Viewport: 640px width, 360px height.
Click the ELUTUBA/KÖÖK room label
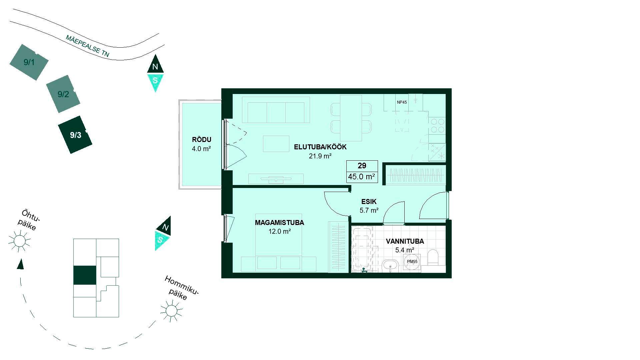click(x=320, y=147)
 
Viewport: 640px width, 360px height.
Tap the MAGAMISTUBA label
click(x=279, y=223)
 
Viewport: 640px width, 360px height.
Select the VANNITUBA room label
click(x=405, y=241)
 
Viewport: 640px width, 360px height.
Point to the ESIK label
click(x=369, y=202)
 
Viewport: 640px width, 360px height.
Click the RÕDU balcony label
click(x=201, y=140)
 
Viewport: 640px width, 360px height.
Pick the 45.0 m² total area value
click(x=362, y=177)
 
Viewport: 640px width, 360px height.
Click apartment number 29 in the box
click(x=362, y=166)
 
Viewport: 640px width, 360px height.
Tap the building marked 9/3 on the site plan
click(x=75, y=135)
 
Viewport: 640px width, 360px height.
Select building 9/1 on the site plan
click(x=29, y=62)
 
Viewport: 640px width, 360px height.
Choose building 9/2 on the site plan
click(x=63, y=94)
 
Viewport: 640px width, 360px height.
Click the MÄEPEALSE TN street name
click(x=87, y=46)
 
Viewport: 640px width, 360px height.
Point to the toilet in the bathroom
click(x=433, y=257)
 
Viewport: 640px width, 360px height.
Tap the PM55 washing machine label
click(x=412, y=262)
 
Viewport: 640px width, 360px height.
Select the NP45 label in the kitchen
click(x=402, y=102)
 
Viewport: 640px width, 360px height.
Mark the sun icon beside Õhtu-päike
click(x=19, y=241)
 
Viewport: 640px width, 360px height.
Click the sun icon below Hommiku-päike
click(x=171, y=311)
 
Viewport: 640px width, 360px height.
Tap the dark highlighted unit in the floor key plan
click(x=85, y=275)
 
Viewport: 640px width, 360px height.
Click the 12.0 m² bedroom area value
click(x=279, y=231)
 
